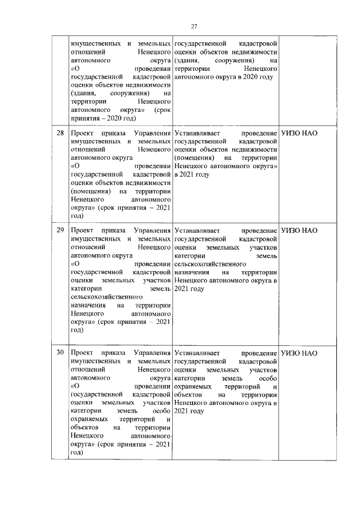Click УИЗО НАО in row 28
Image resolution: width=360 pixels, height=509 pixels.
(299, 134)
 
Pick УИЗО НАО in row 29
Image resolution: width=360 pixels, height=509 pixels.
(299, 230)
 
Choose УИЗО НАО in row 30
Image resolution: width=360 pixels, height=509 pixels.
(299, 353)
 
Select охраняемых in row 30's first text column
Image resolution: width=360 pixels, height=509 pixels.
(89, 419)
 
